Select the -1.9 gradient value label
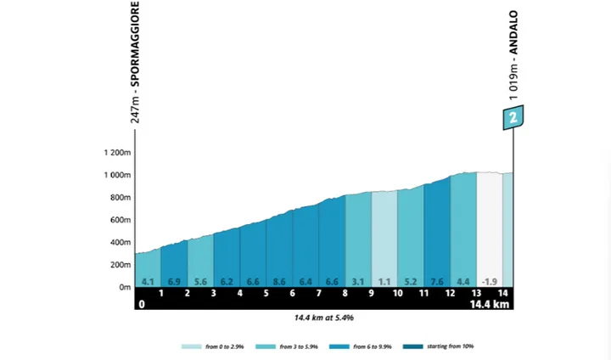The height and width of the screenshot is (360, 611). tap(489, 282)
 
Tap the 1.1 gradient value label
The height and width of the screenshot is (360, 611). tap(384, 282)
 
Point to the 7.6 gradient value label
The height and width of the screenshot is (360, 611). tap(436, 282)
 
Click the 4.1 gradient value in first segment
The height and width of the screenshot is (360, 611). tap(148, 282)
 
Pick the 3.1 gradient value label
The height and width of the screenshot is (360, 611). tap(357, 282)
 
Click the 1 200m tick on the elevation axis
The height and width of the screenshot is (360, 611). tap(117, 153)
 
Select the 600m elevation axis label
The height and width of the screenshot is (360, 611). tap(119, 220)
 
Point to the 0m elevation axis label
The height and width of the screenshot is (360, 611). tap(123, 287)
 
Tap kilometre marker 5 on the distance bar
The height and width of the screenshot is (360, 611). tap(266, 293)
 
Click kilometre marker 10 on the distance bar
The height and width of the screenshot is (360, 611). tap(397, 293)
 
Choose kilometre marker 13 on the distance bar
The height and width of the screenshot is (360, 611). tap(476, 293)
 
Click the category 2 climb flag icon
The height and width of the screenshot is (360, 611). tap(513, 119)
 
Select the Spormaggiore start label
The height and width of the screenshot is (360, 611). tap(136, 62)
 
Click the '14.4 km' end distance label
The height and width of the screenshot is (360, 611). tap(490, 304)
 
